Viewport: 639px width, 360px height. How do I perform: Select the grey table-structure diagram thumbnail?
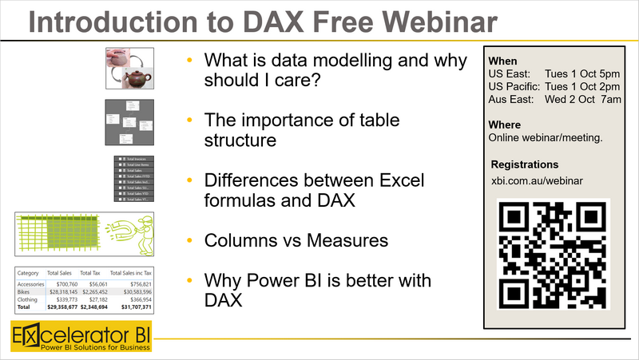pos(129,122)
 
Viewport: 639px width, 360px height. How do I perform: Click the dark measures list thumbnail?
pos(133,179)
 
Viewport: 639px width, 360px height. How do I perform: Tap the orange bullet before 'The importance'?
pos(189,120)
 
